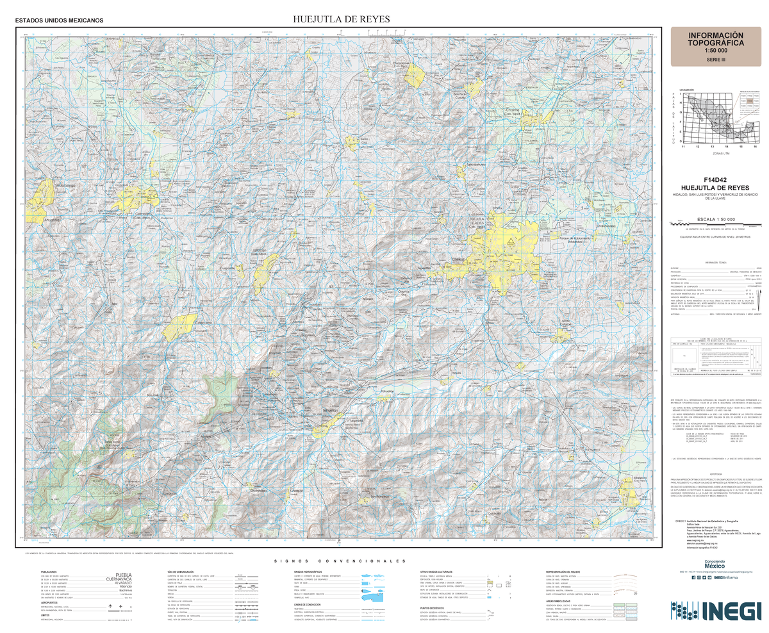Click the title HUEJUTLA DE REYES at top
[x=341, y=19]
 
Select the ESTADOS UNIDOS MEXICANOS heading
[x=59, y=21]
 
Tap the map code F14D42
[x=715, y=180]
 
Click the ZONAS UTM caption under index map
[x=721, y=154]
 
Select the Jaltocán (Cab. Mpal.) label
[x=259, y=252]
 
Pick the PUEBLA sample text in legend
[x=122, y=574]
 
